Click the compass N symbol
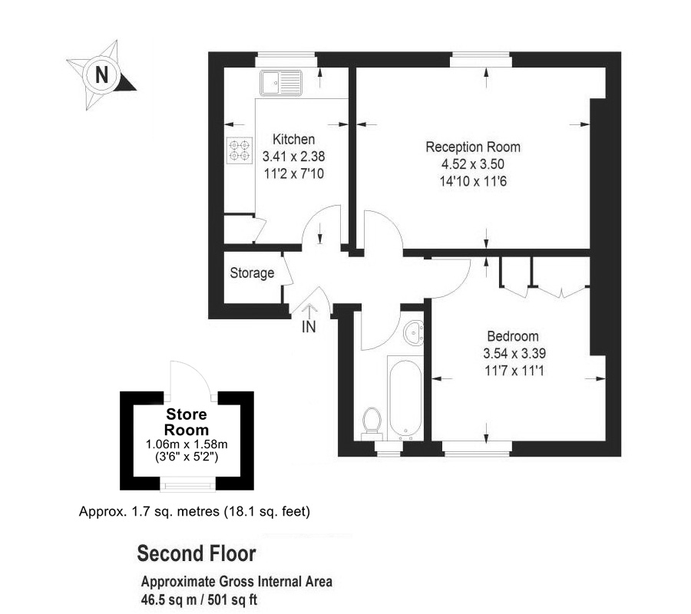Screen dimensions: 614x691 pos(101,74)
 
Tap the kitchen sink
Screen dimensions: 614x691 pos(281,82)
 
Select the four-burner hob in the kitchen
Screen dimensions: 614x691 pos(240,150)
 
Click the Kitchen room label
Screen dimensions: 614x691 pos(294,140)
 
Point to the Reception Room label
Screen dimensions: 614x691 pos(473,147)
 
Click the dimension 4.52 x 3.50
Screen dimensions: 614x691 pos(472,164)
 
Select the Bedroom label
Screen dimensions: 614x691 pos(513,336)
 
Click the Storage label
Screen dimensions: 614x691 pos(252,273)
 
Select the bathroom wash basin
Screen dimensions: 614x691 pos(415,332)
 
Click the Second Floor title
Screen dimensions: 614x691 pos(196,553)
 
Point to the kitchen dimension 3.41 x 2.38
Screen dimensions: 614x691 pos(294,156)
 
